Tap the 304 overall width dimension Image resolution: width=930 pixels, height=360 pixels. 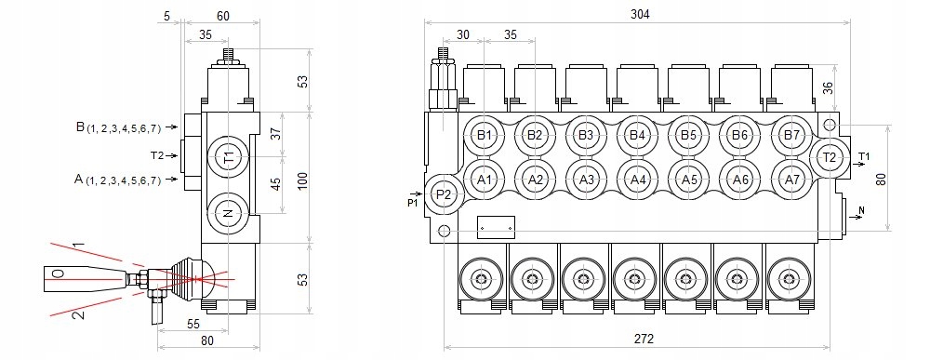[640, 14]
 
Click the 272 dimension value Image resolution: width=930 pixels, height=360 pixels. [644, 339]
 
